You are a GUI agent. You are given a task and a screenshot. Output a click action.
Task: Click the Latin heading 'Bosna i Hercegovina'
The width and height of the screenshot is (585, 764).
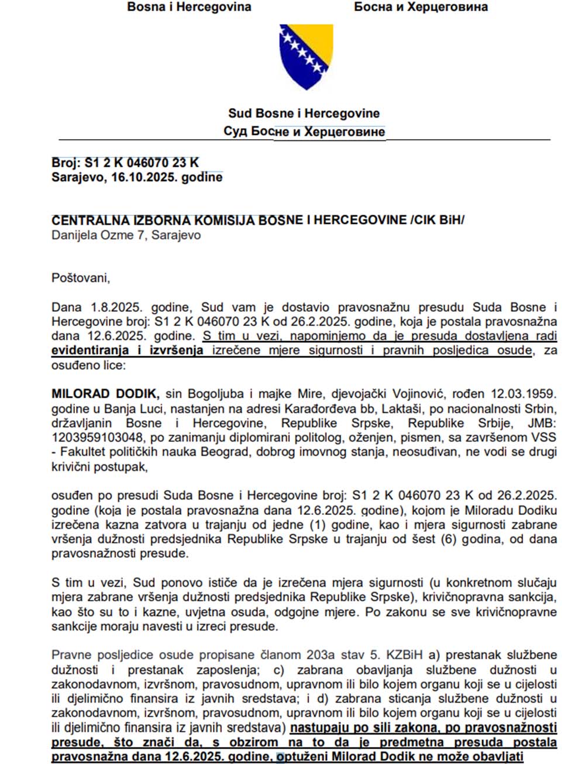click(x=189, y=7)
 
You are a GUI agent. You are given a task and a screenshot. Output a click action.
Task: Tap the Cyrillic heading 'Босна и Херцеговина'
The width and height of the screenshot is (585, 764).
click(x=421, y=7)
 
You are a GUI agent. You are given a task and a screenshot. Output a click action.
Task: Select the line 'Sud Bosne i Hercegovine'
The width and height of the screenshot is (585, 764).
click(x=304, y=113)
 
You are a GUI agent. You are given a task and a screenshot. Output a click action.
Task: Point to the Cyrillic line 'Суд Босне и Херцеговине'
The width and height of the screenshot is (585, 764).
click(x=304, y=132)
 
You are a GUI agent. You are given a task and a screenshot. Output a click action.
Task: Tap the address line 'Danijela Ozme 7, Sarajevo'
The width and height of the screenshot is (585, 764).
click(x=126, y=235)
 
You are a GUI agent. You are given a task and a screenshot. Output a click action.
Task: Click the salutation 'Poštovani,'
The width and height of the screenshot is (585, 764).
click(x=81, y=277)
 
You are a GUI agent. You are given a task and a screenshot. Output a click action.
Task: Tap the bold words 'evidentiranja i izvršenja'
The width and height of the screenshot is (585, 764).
click(x=128, y=350)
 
